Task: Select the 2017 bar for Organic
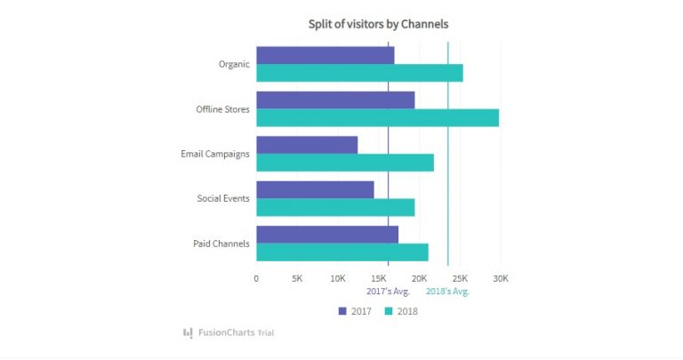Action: tap(325, 55)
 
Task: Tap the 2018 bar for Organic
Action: tap(359, 73)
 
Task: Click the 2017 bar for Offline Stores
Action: tap(335, 100)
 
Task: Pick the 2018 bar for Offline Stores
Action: tap(377, 118)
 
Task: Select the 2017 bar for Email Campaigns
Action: tap(307, 145)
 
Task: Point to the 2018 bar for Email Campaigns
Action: tap(345, 163)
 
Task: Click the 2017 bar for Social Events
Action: tap(315, 189)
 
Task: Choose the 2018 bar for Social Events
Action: tap(335, 207)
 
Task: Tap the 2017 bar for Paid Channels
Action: tap(327, 234)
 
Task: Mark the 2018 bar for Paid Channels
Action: tap(342, 252)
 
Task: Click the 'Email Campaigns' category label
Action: tap(214, 154)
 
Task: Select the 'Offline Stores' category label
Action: tap(222, 109)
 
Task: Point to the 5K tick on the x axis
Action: tap(297, 278)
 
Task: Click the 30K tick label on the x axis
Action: tap(501, 278)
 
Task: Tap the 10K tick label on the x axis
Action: tap(338, 278)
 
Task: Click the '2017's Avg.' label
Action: tap(388, 292)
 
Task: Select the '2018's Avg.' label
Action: tap(447, 292)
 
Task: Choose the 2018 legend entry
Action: tap(400, 311)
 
